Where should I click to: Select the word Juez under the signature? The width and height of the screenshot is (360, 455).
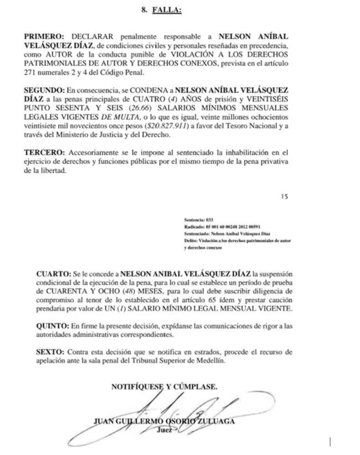(x=164, y=430)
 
